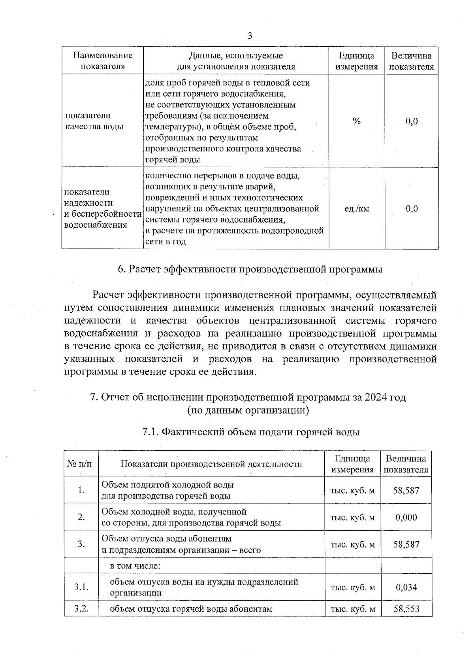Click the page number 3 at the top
(249, 36)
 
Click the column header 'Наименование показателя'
(103, 61)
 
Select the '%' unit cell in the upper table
(357, 121)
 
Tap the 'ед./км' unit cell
(357, 209)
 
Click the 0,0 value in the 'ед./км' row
(412, 209)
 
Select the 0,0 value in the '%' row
(412, 121)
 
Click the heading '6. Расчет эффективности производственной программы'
(250, 269)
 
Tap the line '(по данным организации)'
(248, 410)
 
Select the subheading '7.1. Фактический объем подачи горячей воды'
(250, 432)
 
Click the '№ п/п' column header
(81, 464)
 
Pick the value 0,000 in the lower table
(406, 517)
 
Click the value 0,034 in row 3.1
(406, 587)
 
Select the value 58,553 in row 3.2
(406, 609)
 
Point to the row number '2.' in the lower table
(81, 517)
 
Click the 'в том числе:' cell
(135, 565)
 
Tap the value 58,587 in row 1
(406, 490)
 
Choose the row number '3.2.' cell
(81, 609)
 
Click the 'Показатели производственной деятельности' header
(211, 464)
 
